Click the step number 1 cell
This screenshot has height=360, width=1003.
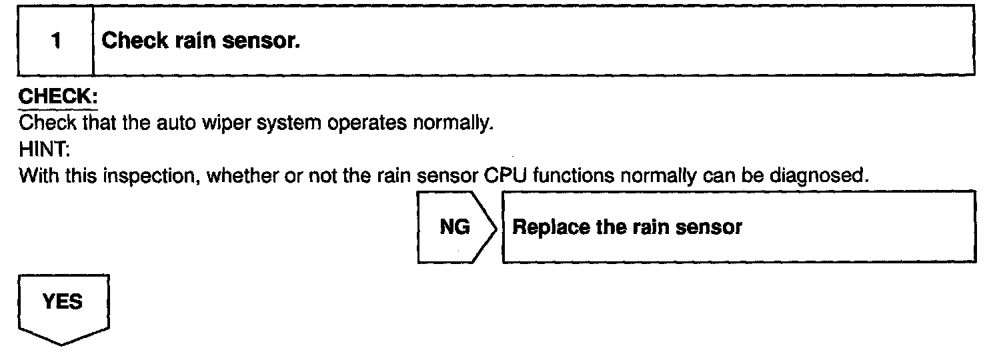point(55,41)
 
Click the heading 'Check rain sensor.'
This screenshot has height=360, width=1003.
point(200,41)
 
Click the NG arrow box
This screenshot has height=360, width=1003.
point(455,227)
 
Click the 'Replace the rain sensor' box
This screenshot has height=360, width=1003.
point(738,227)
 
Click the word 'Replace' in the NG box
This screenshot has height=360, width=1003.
point(544,227)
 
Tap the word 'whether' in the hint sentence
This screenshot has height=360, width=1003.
point(206,177)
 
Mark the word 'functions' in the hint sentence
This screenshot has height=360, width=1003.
point(558,177)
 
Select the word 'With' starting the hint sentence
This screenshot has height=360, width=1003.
point(35,177)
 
